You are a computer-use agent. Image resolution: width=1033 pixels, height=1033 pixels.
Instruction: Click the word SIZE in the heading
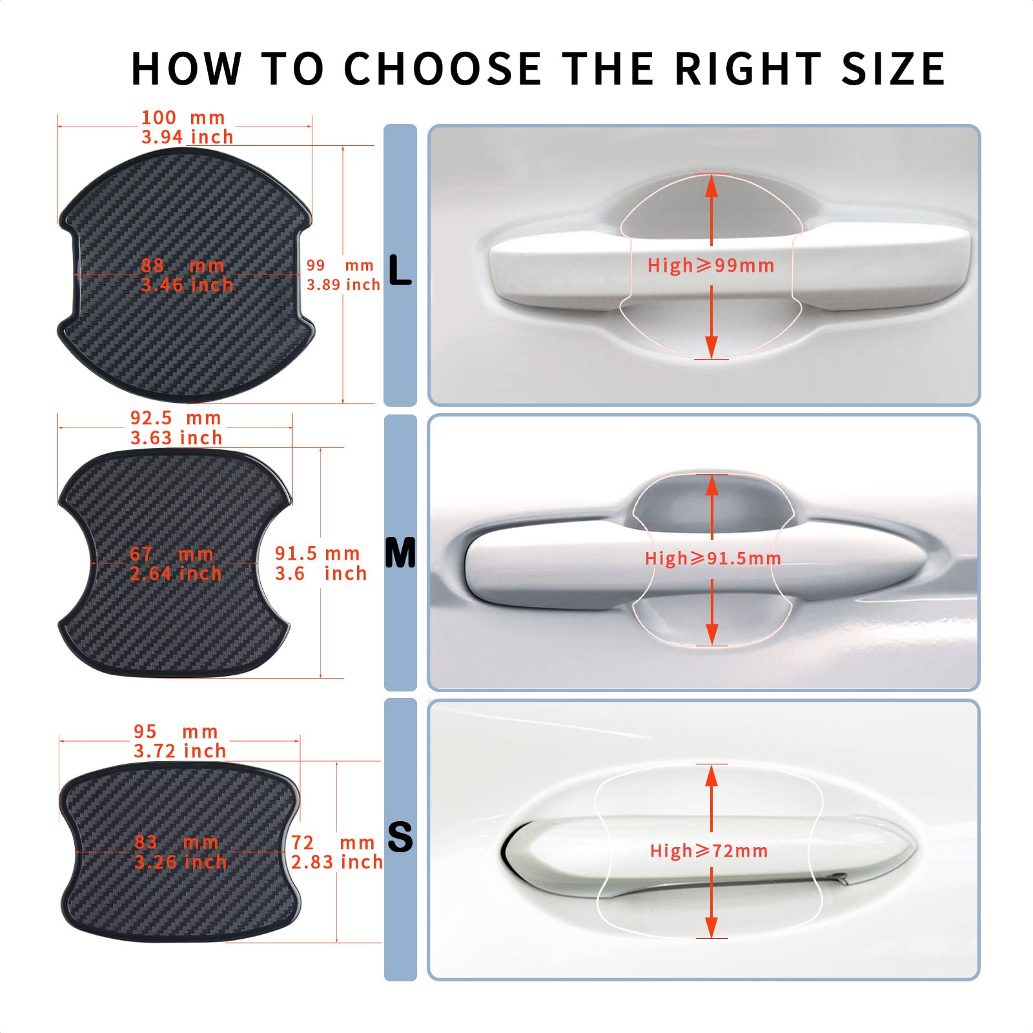[894, 68]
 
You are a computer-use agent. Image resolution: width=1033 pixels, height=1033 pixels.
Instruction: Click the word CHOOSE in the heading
[443, 68]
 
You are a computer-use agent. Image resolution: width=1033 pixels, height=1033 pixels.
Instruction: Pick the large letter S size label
[400, 837]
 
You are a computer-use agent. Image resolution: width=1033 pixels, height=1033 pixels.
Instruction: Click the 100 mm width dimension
[183, 118]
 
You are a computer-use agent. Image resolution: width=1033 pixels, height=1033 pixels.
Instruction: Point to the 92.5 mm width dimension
[176, 418]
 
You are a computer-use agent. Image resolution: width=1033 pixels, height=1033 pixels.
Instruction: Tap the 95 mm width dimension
[176, 731]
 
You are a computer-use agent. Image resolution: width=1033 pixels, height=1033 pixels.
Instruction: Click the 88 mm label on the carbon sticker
[183, 265]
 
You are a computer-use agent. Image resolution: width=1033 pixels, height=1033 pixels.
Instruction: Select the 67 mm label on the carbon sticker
[172, 554]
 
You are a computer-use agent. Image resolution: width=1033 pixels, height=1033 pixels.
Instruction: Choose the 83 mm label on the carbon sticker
[176, 842]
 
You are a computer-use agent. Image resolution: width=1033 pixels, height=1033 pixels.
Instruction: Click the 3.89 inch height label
[343, 285]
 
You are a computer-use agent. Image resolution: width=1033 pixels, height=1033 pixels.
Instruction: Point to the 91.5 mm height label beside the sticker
[317, 553]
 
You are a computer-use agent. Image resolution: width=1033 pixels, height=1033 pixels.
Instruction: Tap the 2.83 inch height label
[336, 862]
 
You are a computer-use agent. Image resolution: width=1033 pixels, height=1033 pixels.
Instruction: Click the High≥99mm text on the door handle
[711, 265]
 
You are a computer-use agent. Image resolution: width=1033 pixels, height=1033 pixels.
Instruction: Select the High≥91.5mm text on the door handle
[713, 558]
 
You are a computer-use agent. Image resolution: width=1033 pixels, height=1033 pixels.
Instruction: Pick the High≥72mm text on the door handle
[709, 851]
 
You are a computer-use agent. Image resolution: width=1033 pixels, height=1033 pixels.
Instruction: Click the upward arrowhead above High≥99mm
[711, 186]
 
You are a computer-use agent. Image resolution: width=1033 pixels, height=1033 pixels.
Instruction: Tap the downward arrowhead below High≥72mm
[711, 927]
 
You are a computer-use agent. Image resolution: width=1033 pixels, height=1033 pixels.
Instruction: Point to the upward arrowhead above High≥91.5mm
[712, 486]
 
